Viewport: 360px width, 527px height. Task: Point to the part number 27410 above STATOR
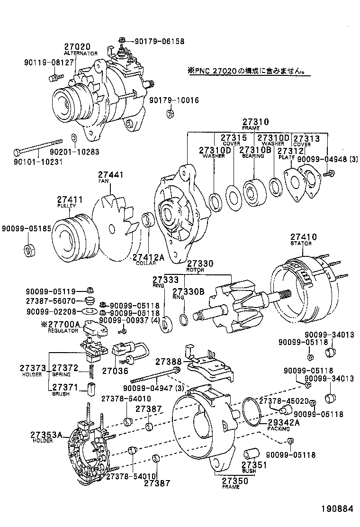pos(303,236)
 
